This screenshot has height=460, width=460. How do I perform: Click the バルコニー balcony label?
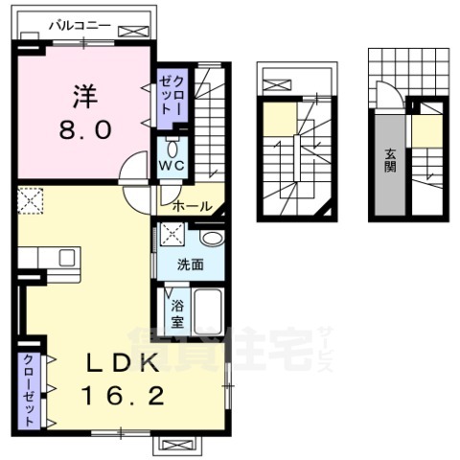(79, 27)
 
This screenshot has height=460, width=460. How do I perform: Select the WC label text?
(172, 166)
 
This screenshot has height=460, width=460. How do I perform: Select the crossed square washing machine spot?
(173, 233)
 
